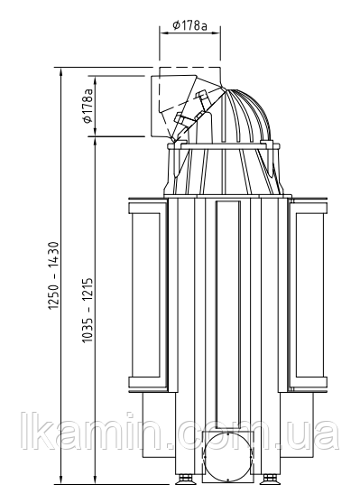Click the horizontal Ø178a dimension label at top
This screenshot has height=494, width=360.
tap(190, 25)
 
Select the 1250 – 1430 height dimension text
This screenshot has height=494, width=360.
tap(54, 275)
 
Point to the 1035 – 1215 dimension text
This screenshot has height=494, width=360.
tap(88, 311)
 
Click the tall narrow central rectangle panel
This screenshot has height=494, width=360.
tap(228, 314)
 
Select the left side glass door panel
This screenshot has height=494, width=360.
tap(148, 295)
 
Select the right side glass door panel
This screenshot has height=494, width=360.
tap(309, 295)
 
